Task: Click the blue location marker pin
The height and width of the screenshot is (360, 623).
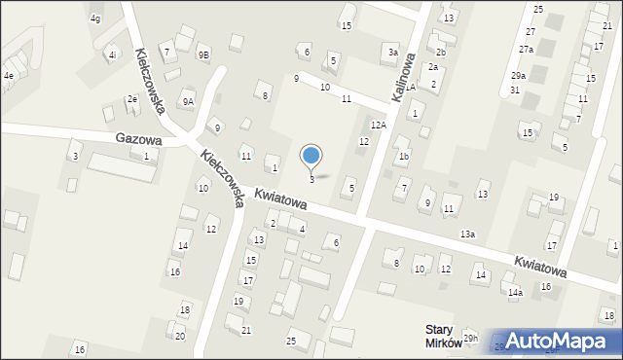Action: coord(311,156)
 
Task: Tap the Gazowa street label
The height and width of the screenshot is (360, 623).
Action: coord(136,139)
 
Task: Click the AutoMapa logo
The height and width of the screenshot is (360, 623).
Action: coord(560,341)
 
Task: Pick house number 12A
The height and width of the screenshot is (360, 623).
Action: coord(379,125)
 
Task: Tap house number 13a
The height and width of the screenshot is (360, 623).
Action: coord(467,234)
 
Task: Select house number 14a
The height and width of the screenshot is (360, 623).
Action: coord(514,292)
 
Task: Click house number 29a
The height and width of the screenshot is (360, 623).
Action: coord(518,75)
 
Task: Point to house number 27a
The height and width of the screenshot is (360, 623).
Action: coord(526,49)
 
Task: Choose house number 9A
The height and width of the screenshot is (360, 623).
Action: coord(188,101)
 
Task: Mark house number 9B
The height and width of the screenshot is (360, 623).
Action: coord(203,55)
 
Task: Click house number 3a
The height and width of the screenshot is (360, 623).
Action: coord(392,52)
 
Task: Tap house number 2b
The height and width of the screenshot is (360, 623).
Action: coord(440,52)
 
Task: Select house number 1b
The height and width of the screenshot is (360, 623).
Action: coord(403,156)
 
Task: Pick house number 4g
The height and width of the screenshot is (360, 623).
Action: coord(94,18)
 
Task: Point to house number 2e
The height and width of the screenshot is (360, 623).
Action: coord(131,99)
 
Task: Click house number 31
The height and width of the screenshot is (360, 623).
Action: coord(514,90)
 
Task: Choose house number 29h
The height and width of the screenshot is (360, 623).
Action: coord(471,339)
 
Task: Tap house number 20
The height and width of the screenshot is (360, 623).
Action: coord(179,336)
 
